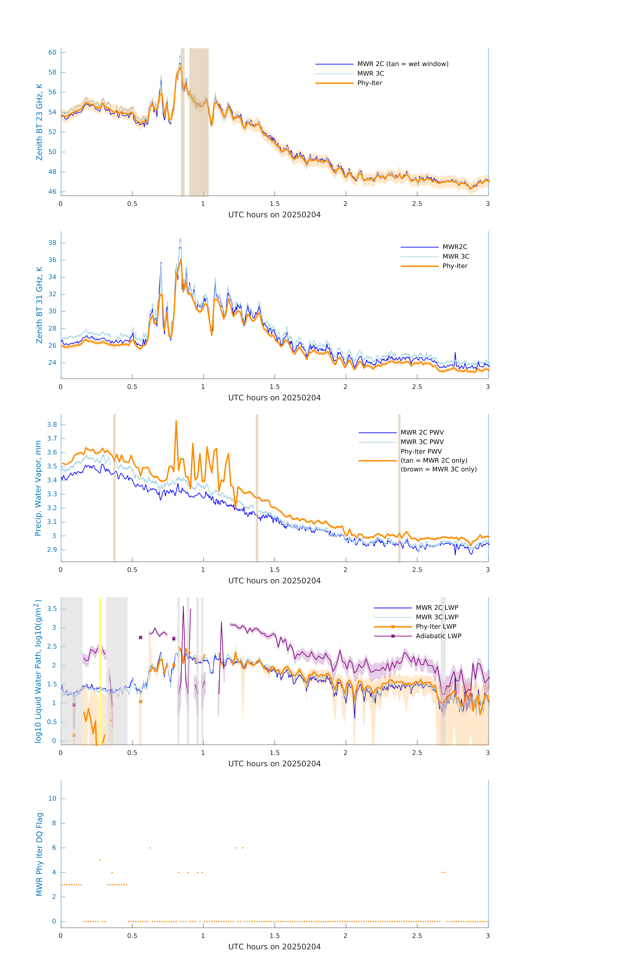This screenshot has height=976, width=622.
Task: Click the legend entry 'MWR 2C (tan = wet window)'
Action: pyautogui.click(x=402, y=64)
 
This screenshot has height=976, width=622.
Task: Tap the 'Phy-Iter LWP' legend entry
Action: pyautogui.click(x=436, y=627)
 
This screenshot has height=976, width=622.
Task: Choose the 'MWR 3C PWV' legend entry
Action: pyautogui.click(x=422, y=442)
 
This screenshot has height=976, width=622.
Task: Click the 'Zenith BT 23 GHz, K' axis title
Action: pyautogui.click(x=39, y=122)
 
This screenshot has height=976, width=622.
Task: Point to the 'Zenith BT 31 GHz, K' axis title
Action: pyautogui.click(x=39, y=305)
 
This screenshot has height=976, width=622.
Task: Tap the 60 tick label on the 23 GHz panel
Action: pyautogui.click(x=52, y=52)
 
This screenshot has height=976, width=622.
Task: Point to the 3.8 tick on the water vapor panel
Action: pyautogui.click(x=52, y=425)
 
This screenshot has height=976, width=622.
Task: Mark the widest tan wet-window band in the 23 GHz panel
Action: pyautogui.click(x=199, y=122)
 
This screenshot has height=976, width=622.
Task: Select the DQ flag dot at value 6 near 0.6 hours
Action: pyautogui.click(x=150, y=847)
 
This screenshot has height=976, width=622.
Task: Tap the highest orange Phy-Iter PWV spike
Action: pyautogui.click(x=176, y=421)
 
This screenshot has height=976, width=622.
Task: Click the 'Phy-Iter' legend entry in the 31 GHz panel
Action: pyautogui.click(x=455, y=266)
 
